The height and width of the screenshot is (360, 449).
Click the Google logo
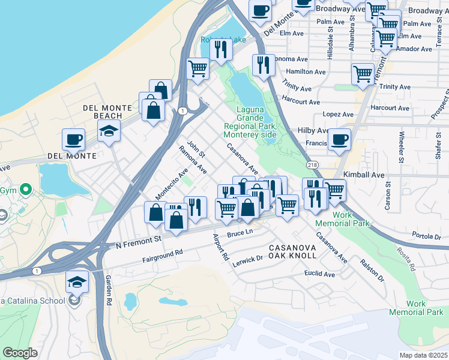(x=20, y=353)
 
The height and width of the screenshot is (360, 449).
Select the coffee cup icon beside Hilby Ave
(x=339, y=140)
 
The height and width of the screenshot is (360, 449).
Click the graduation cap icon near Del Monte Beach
(x=109, y=131)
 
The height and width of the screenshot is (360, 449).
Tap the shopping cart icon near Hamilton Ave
(x=363, y=74)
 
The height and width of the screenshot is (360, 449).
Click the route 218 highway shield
(x=312, y=164)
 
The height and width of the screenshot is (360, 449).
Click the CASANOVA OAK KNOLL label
(x=292, y=251)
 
